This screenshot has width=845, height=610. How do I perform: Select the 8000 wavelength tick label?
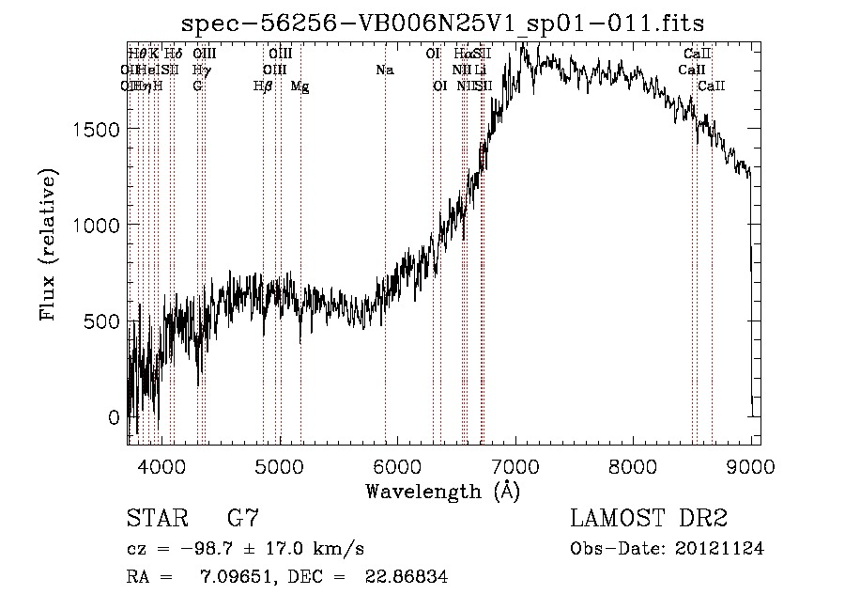click(634, 464)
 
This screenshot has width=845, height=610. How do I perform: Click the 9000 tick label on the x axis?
click(751, 464)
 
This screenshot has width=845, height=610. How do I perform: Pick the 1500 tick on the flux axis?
click(97, 129)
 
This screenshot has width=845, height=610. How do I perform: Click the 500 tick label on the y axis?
click(102, 321)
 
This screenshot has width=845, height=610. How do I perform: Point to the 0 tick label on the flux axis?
click(115, 417)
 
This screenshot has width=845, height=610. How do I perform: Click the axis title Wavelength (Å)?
click(442, 491)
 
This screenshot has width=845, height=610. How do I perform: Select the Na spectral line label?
click(384, 70)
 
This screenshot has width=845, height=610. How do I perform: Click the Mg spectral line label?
click(300, 86)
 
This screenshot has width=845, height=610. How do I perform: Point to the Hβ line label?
click(263, 86)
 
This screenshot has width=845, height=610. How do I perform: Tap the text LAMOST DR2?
click(649, 519)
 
